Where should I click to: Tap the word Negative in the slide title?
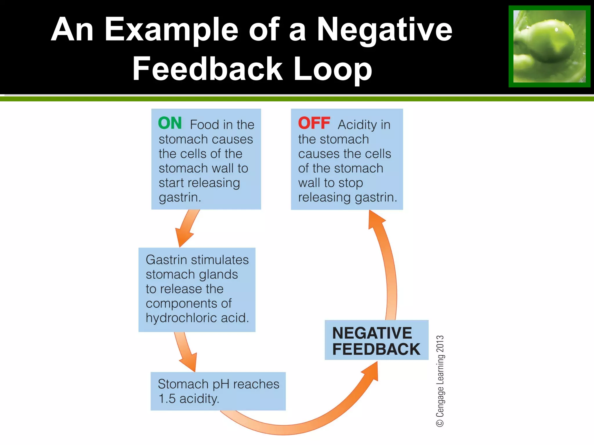384,30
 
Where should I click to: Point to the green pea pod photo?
549,46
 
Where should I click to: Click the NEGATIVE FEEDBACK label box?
376,340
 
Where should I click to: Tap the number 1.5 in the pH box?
167,399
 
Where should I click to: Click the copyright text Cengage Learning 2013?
440,381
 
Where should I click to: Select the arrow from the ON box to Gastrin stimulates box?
187,227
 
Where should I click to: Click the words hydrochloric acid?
197,318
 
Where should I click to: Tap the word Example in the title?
171,30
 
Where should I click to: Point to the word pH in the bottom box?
221,384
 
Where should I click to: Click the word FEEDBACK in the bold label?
376,349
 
